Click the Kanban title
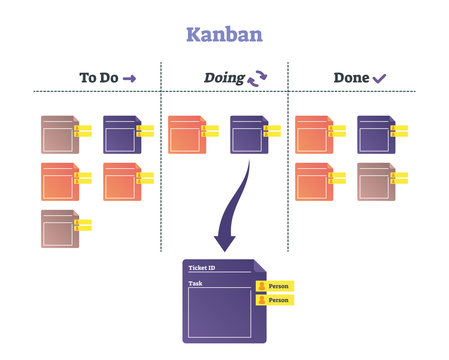224,34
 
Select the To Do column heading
100,77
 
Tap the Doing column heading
224,77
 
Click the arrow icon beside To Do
130,78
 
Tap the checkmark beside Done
379,78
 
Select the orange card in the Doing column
187,134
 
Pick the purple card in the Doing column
249,134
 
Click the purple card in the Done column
377,134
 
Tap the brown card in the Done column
377,181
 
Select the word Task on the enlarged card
196,284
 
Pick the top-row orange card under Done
315,134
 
